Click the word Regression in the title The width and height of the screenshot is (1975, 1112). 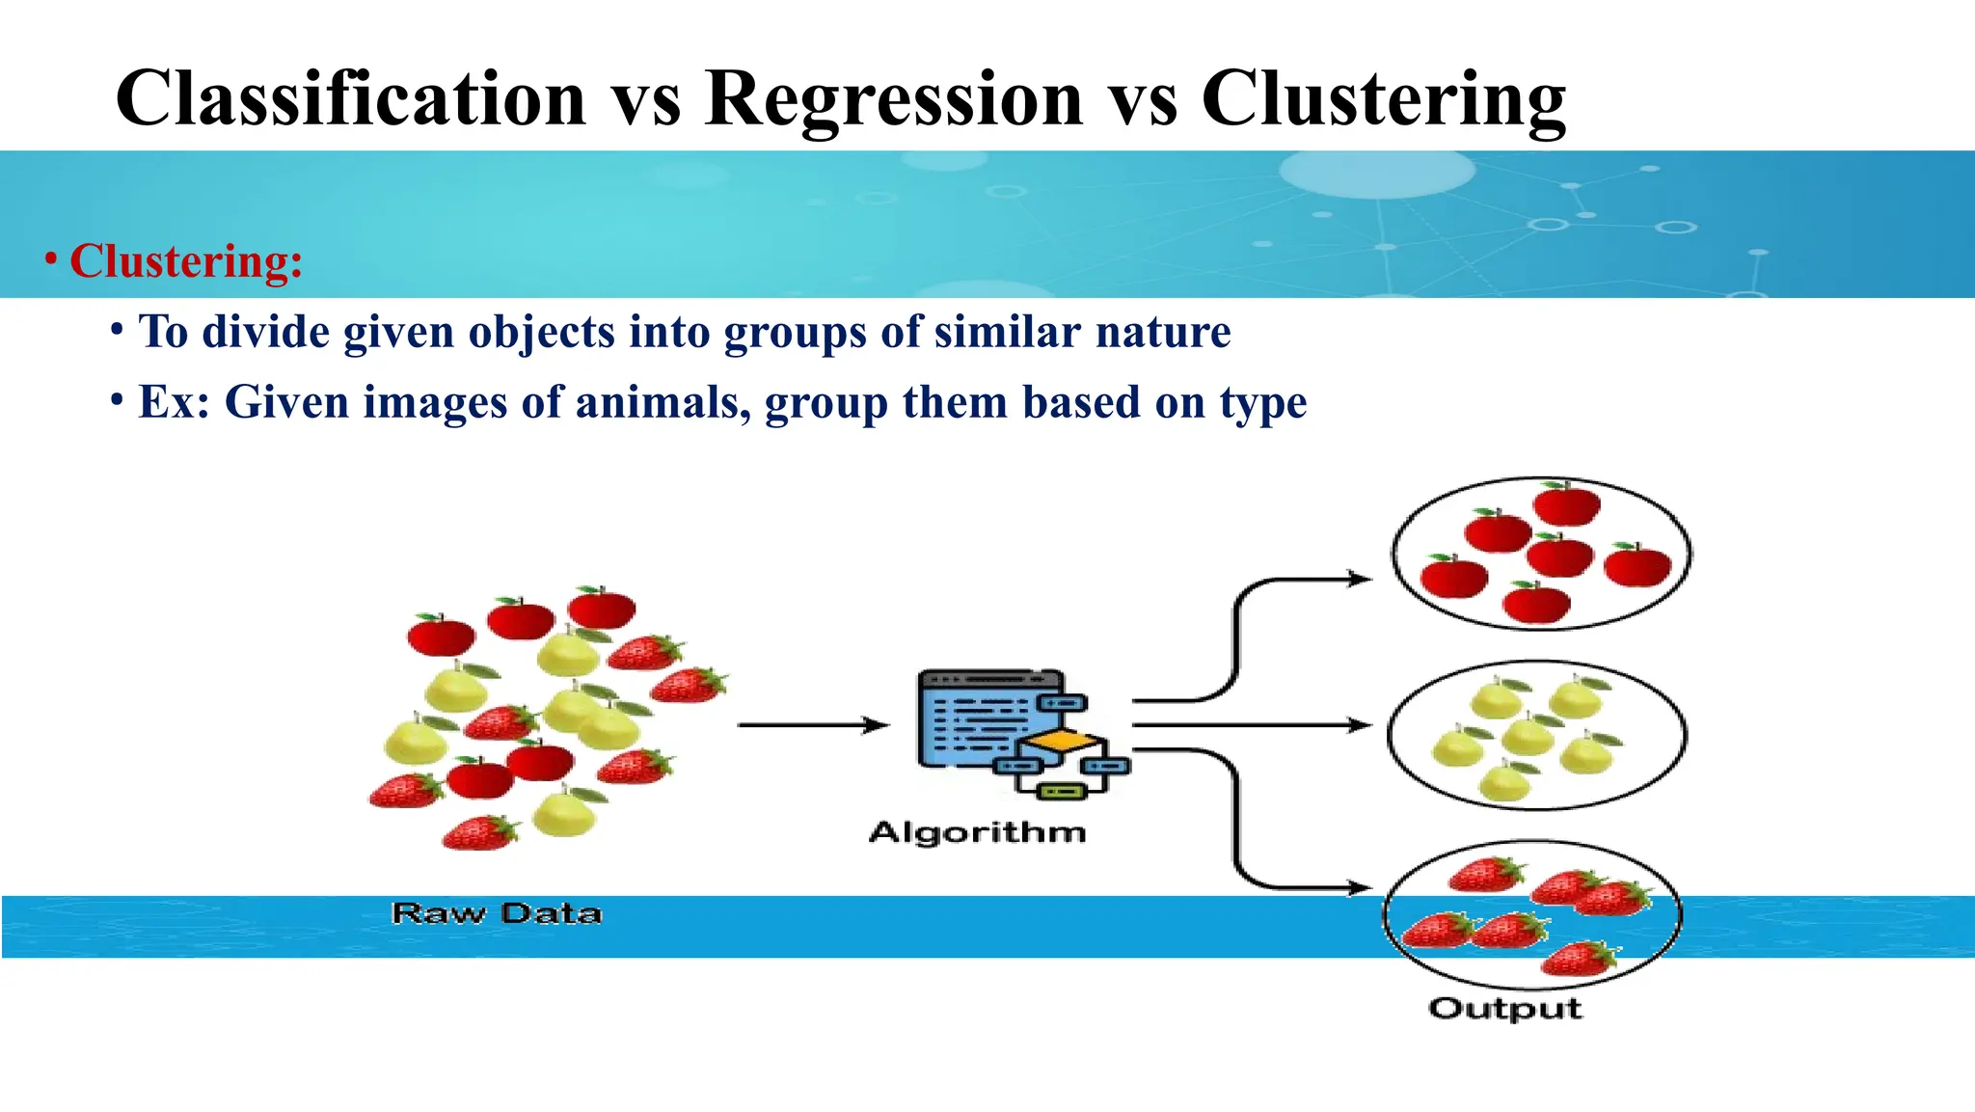[x=894, y=99]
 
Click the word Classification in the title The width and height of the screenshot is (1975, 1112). [x=351, y=99]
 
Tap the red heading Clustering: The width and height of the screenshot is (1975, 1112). [x=186, y=261]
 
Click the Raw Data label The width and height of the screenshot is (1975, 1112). [x=497, y=913]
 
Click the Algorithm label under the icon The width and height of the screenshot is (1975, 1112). [x=977, y=832]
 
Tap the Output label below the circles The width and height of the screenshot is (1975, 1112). [x=1504, y=1009]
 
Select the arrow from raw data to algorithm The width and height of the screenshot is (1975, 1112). [x=812, y=724]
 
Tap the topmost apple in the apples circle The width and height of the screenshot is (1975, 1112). [x=1566, y=503]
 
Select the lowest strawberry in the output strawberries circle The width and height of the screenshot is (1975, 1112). [x=1578, y=959]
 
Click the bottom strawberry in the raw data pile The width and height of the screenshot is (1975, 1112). [x=479, y=832]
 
